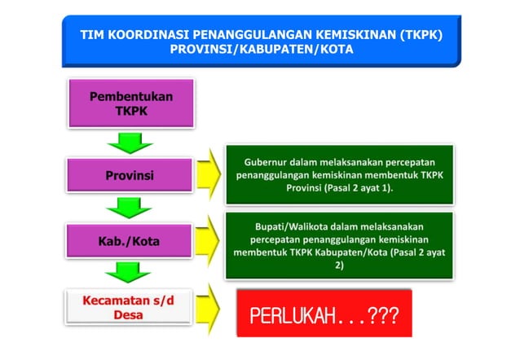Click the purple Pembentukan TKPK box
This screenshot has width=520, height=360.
tap(130, 103)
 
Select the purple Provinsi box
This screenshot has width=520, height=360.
tap(130, 175)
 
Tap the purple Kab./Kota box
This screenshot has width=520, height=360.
tap(130, 241)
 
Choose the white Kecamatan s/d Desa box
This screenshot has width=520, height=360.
tap(130, 307)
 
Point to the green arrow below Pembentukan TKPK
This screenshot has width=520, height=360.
tap(130, 143)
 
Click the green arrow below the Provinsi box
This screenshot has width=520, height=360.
tap(130, 208)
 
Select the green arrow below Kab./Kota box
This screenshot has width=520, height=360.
tap(130, 273)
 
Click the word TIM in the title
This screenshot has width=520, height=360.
tap(93, 36)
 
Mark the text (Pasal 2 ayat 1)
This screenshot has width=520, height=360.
tap(361, 188)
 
